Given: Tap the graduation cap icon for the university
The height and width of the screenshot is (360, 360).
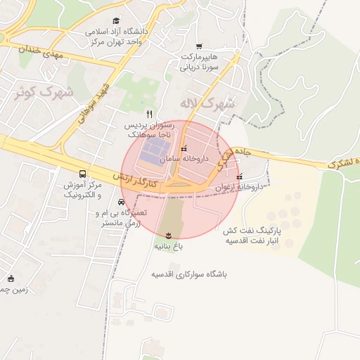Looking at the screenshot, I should [x=116, y=21].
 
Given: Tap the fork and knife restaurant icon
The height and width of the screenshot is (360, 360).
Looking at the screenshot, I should [x=148, y=113].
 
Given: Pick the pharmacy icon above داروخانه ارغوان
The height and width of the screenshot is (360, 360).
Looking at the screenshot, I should [x=241, y=176].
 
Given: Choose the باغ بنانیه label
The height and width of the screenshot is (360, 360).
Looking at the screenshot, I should [x=169, y=247].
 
